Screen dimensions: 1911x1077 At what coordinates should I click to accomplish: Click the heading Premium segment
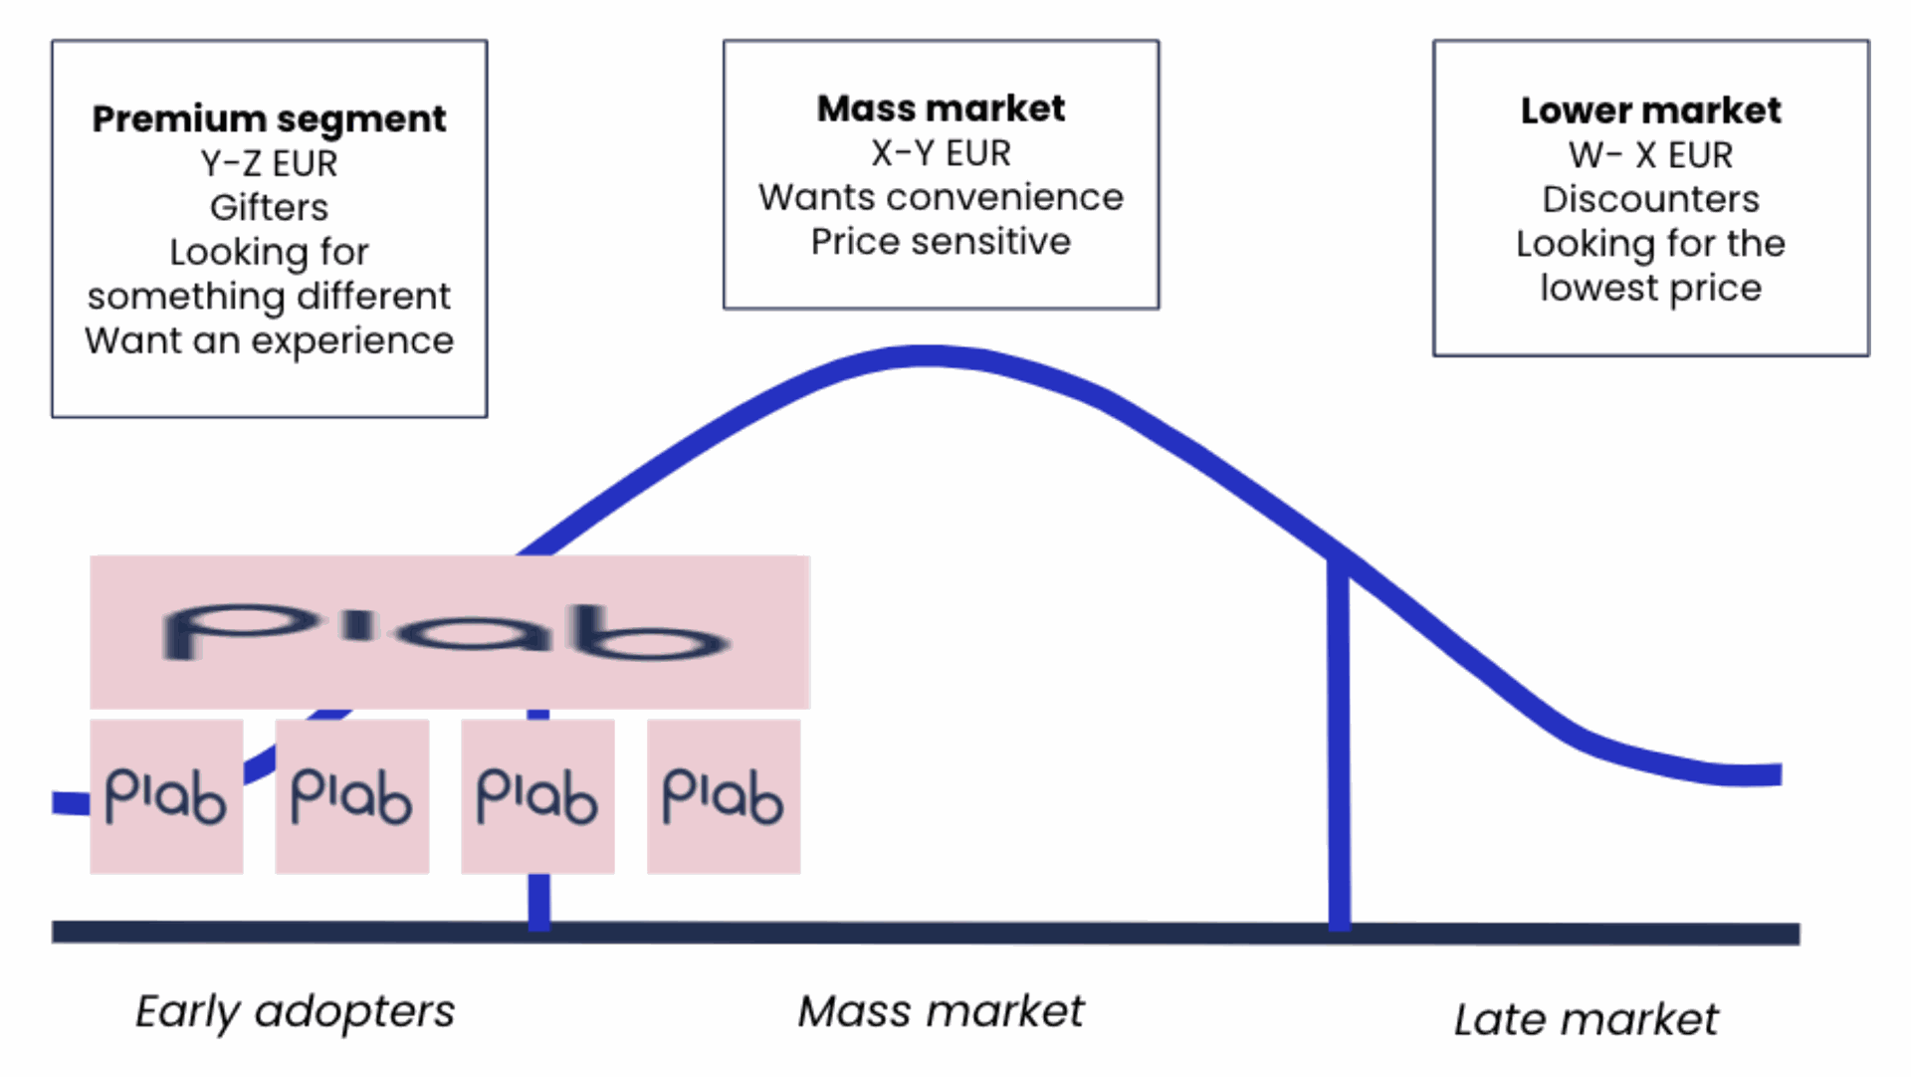click(x=269, y=119)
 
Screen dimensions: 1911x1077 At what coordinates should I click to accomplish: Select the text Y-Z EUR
click(x=269, y=163)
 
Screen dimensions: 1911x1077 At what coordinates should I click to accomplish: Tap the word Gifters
click(x=269, y=207)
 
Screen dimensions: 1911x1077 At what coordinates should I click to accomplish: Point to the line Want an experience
click(x=269, y=340)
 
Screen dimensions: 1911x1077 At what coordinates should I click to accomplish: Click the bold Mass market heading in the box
click(x=941, y=108)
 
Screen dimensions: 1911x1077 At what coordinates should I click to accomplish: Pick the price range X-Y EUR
click(x=941, y=152)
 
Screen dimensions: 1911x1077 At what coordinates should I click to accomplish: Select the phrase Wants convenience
click(x=941, y=197)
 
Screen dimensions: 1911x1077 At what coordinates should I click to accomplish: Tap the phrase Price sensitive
click(x=941, y=241)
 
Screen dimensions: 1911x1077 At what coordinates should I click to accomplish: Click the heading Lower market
click(x=1650, y=109)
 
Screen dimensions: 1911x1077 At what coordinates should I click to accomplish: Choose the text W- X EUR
click(x=1650, y=154)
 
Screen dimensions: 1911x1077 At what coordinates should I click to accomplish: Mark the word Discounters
click(x=1650, y=198)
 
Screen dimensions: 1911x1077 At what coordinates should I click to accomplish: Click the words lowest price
click(x=1650, y=288)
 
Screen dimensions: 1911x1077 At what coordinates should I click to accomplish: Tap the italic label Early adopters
click(x=295, y=1012)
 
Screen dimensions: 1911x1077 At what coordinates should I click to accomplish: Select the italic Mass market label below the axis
click(x=941, y=1011)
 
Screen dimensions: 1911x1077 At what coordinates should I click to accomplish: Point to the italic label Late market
click(x=1586, y=1019)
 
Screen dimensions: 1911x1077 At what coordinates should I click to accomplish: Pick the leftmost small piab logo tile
click(x=166, y=796)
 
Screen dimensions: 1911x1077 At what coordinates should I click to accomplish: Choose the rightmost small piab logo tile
click(x=724, y=796)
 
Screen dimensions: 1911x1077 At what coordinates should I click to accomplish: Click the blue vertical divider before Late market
click(x=1340, y=742)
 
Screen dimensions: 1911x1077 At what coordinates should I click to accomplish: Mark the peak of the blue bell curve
click(x=926, y=356)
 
